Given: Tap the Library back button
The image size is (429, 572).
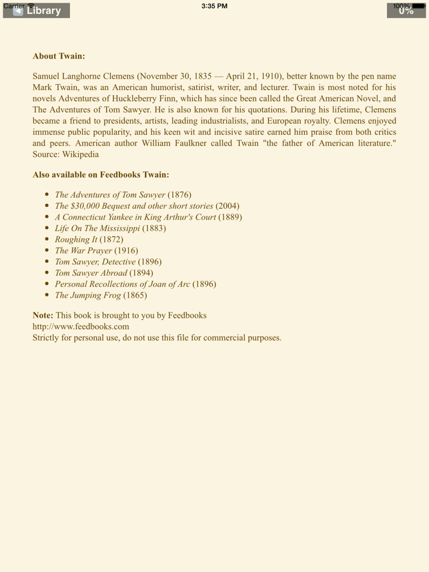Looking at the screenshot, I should [37, 10].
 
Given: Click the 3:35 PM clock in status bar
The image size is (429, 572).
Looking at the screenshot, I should [214, 6].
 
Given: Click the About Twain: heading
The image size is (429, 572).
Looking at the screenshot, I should [59, 56].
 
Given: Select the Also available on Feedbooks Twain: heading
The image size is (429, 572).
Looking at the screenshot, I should [101, 175].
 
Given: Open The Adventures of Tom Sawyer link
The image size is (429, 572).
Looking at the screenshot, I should [110, 195].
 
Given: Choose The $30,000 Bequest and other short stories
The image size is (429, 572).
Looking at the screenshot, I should [134, 206].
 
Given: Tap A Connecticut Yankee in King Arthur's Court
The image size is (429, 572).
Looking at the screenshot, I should [135, 217].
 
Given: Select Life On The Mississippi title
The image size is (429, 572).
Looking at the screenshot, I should [97, 228].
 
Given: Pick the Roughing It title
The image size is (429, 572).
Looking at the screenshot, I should [76, 240].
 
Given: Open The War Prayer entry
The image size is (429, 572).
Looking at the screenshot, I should [83, 251].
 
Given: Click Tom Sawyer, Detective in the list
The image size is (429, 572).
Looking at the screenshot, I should [95, 262].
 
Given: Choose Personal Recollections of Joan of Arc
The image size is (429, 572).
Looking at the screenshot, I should [123, 284].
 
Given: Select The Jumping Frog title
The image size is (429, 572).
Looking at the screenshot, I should [88, 295].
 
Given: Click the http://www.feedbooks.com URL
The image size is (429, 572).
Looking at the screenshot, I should [81, 326].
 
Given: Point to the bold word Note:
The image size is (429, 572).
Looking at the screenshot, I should [43, 315].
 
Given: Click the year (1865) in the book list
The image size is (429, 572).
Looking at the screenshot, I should [135, 295].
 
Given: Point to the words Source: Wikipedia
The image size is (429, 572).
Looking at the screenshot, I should [65, 154].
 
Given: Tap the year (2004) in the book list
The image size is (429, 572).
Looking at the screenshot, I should [228, 206].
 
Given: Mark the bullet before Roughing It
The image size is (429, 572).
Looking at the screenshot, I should [47, 239].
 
